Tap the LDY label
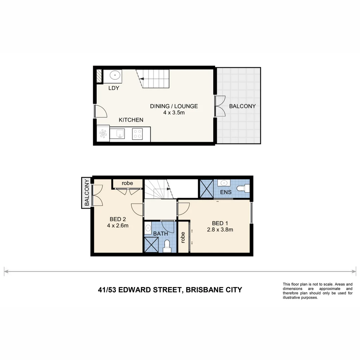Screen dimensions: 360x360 (114, 88)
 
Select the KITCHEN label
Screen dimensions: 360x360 (131, 120)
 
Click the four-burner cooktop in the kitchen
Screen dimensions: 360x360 (137, 134)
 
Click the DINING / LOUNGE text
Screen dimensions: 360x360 (174, 106)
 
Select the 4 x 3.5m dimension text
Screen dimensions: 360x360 (174, 113)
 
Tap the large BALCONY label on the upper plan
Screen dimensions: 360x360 (242, 106)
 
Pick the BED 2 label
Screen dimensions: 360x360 (118, 219)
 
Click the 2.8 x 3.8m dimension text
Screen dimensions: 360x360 (220, 229)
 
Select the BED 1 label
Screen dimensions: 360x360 (220, 223)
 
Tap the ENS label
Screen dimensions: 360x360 (226, 192)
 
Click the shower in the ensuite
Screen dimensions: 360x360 (206, 189)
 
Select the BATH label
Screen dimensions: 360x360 (160, 234)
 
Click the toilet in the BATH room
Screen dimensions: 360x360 (168, 246)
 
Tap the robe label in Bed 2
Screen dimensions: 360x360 (127, 183)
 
